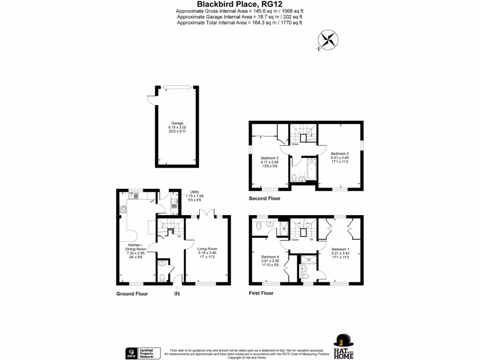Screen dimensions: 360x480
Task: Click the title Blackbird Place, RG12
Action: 240,4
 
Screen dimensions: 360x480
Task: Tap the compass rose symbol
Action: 327,39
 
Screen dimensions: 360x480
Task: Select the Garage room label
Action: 177,127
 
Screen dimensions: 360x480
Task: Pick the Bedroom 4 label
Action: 270,261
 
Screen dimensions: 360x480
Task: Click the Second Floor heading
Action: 264,199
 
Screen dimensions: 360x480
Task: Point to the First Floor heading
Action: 261,293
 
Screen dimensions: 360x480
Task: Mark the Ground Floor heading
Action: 132,294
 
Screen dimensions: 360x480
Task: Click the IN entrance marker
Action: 177,294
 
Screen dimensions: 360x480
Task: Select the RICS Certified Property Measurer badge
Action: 142,353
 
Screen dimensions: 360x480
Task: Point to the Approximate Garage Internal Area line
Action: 240,17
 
